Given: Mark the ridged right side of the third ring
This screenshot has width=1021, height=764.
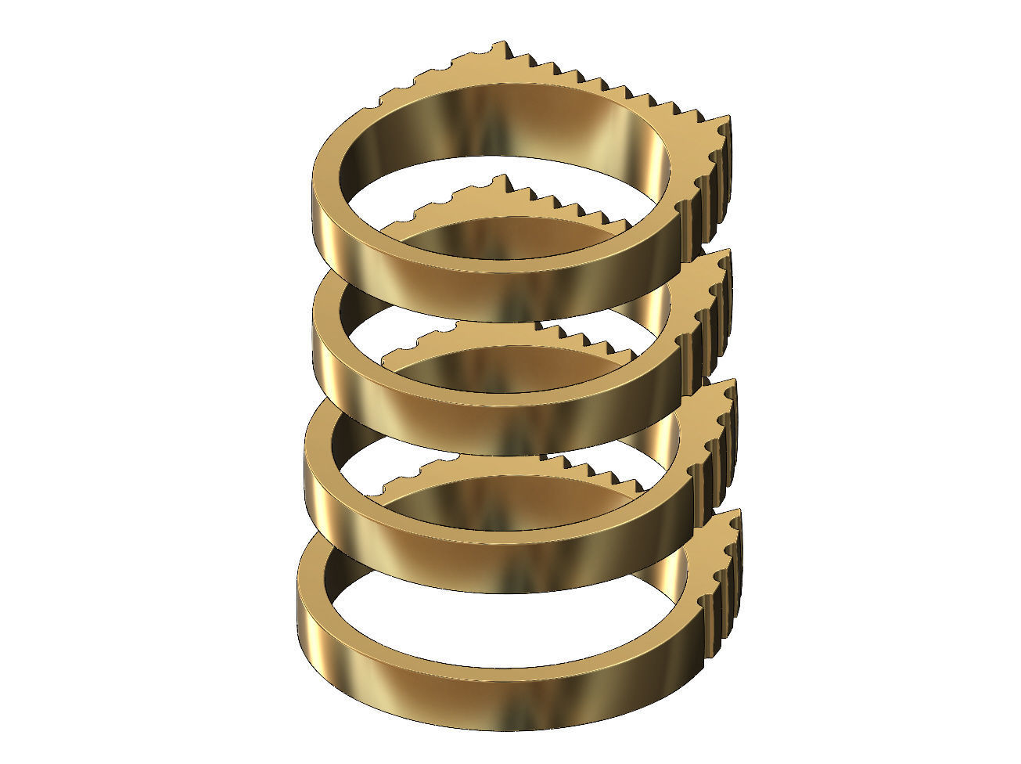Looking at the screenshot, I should [716, 446].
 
